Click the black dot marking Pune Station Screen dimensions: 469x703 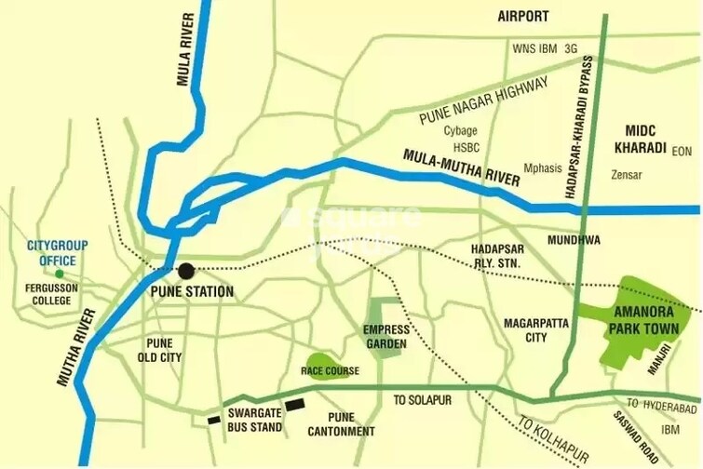(x=186, y=271)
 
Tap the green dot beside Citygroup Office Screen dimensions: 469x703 (x=60, y=274)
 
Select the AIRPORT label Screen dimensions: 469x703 (x=523, y=16)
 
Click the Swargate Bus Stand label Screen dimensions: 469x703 (x=253, y=420)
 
